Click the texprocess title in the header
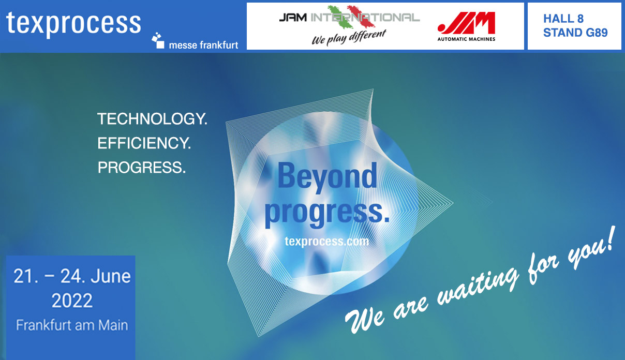coord(73,24)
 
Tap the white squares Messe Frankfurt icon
coord(158,40)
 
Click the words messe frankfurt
coord(203,45)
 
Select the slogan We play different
coord(349,38)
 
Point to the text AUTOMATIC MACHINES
coord(466,39)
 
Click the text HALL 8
coord(563,19)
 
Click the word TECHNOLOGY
coord(152,119)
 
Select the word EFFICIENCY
coord(144,143)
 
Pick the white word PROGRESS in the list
coord(141,167)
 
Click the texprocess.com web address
coord(327,241)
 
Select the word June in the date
coord(111,276)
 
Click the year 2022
coord(72,301)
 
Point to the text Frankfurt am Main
coord(72,325)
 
